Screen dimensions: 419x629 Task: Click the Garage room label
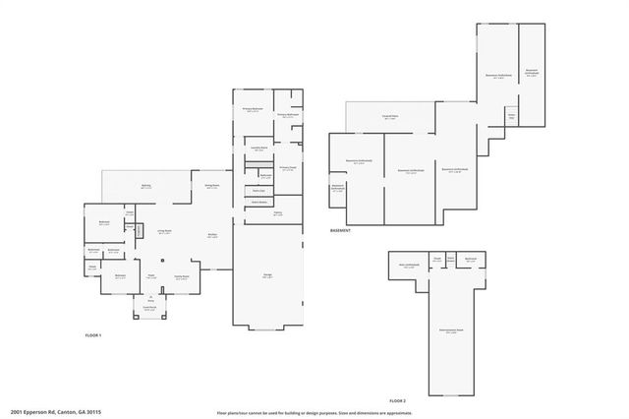pos(266,276)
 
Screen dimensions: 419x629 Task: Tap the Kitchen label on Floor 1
pos(212,235)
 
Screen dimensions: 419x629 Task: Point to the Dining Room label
pos(211,186)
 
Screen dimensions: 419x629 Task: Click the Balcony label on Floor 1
pos(146,186)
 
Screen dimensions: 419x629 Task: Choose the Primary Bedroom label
pos(253,109)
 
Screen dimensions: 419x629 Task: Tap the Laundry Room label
pos(259,148)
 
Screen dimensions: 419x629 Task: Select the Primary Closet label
pos(286,167)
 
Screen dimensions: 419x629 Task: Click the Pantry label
pos(278,212)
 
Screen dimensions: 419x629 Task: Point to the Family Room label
pos(182,277)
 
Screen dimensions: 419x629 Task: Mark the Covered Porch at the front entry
pos(149,308)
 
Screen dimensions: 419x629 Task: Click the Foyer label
pos(151,278)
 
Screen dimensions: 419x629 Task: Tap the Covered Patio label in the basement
pos(390,117)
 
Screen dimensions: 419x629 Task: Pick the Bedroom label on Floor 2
pos(471,259)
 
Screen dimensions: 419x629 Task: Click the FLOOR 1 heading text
pos(93,336)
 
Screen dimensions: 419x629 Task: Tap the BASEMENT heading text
pos(341,231)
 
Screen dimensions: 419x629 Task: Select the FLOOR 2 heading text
pos(397,401)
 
